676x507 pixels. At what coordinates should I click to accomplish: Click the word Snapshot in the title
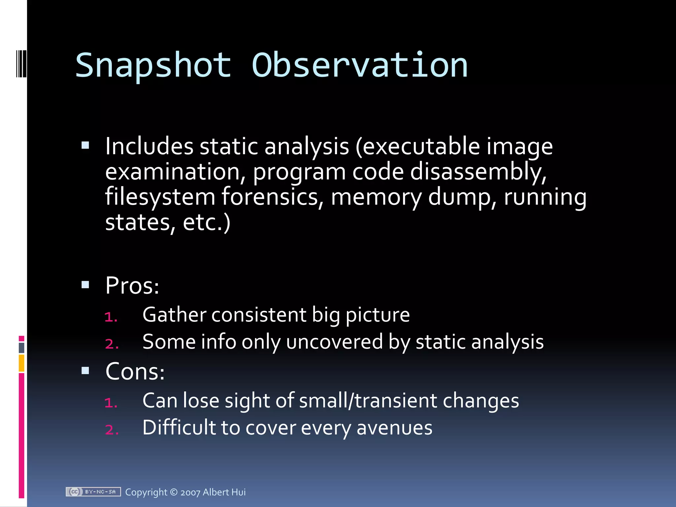pyautogui.click(x=153, y=66)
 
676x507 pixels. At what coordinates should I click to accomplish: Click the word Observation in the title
pyautogui.click(x=360, y=66)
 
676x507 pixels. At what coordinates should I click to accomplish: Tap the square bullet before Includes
pyautogui.click(x=85, y=145)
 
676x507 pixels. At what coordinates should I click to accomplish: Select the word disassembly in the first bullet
pyautogui.click(x=478, y=172)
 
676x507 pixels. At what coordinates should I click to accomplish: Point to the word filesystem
pyautogui.click(x=160, y=197)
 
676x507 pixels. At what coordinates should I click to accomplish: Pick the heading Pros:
pyautogui.click(x=132, y=286)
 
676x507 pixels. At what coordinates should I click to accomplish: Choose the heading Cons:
pyautogui.click(x=135, y=372)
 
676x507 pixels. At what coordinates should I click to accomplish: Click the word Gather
pyautogui.click(x=174, y=315)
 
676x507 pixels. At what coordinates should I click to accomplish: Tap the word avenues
pyautogui.click(x=394, y=428)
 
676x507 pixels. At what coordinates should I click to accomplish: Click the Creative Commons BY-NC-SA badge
pyautogui.click(x=93, y=492)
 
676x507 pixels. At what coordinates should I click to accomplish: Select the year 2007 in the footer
pyautogui.click(x=190, y=492)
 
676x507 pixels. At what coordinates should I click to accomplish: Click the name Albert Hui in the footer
pyautogui.click(x=224, y=492)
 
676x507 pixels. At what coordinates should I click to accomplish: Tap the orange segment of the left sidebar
pyautogui.click(x=21, y=363)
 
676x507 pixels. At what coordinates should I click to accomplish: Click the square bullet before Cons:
pyautogui.click(x=85, y=371)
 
